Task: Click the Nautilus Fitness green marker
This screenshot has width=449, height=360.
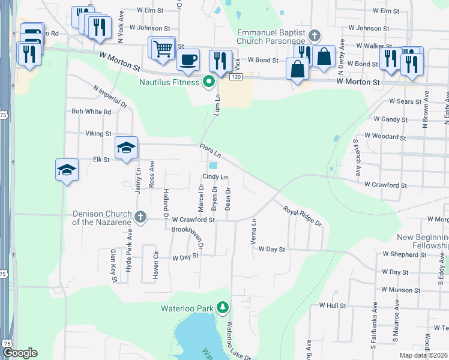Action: pyautogui.click(x=209, y=82)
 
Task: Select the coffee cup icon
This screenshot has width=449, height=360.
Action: pyautogui.click(x=188, y=60)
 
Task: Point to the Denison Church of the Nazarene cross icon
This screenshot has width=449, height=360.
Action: pyautogui.click(x=140, y=217)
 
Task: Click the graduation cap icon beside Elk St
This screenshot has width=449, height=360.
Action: pyautogui.click(x=127, y=148)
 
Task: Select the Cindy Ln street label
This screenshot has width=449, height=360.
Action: pyautogui.click(x=215, y=177)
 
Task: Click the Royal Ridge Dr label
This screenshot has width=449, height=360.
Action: pyautogui.click(x=303, y=216)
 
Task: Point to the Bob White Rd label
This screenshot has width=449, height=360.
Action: pyautogui.click(x=91, y=112)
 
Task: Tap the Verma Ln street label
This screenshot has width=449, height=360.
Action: pyautogui.click(x=254, y=231)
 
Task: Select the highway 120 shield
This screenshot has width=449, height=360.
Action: pyautogui.click(x=235, y=77)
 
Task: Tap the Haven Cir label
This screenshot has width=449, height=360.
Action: pyautogui.click(x=155, y=267)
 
